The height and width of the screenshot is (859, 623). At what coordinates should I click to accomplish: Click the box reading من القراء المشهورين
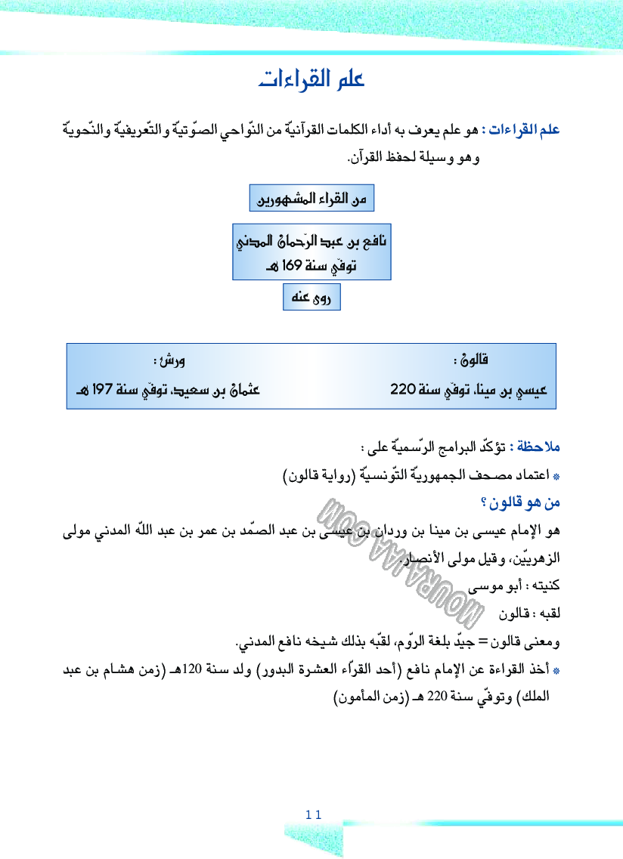point(311,199)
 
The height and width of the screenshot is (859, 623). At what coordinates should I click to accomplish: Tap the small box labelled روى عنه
point(311,298)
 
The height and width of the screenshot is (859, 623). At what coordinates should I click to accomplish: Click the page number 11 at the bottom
point(314,814)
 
